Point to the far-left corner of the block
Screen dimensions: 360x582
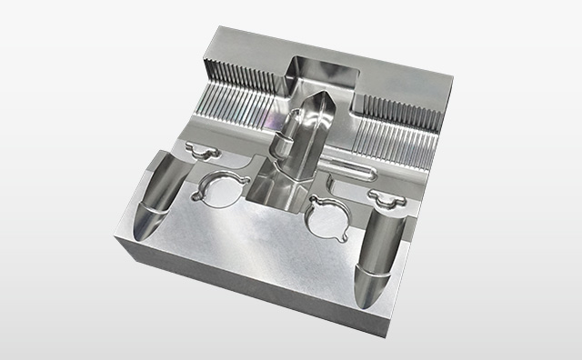pyautogui.click(x=115, y=235)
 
